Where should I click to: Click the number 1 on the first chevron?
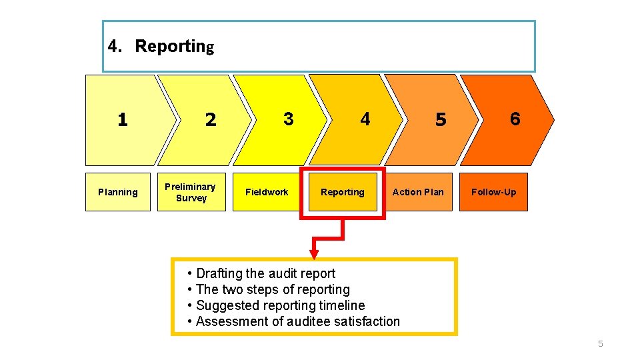[122, 120]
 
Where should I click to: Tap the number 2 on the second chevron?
[211, 120]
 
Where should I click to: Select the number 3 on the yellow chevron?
[288, 119]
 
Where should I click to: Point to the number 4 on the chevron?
[365, 119]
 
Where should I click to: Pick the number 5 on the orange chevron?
[440, 120]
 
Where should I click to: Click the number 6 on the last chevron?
[515, 119]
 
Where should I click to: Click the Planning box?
[118, 192]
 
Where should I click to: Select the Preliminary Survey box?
[191, 192]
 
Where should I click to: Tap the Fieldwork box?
[267, 192]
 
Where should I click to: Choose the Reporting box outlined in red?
[343, 192]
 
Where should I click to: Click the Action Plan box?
[418, 192]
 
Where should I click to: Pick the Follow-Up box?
[493, 192]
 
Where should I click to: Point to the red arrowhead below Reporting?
[314, 255]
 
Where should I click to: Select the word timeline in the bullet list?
[343, 305]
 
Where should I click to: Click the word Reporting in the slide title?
[174, 47]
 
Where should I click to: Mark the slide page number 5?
[600, 344]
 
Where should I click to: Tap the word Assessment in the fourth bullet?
[231, 321]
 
